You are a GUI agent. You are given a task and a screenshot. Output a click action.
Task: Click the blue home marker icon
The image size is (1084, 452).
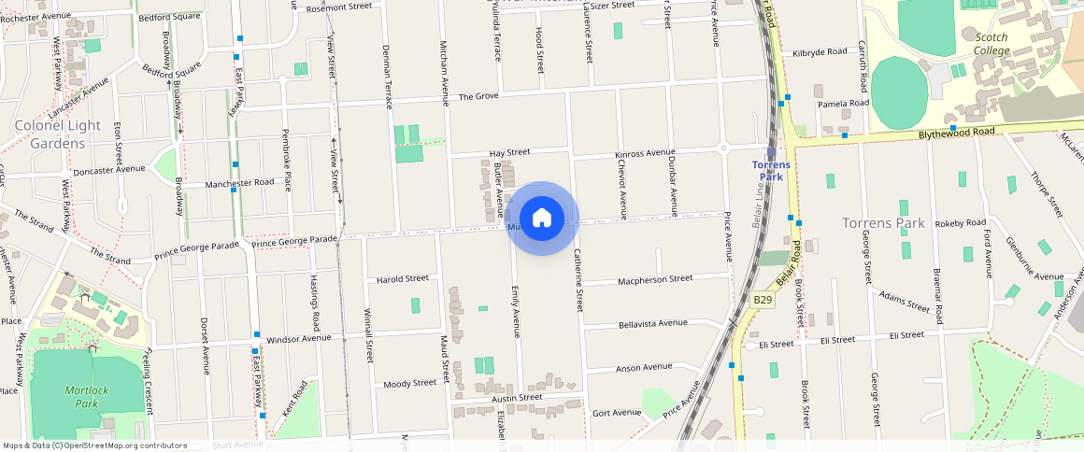(x=542, y=219)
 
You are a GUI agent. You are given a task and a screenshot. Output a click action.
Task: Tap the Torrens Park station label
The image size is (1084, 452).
(x=772, y=171)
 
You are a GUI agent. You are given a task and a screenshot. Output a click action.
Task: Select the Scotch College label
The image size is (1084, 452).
(x=991, y=44)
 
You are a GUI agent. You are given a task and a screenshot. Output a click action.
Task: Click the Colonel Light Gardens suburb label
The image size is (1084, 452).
(x=57, y=134)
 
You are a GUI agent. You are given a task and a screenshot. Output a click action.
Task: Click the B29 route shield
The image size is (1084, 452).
(x=763, y=300)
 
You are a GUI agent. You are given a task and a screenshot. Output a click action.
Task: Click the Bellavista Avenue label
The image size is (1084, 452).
(x=652, y=324)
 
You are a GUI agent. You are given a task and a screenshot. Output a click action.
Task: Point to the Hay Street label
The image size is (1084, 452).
(x=509, y=152)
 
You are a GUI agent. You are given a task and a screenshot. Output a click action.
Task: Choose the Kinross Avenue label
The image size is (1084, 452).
(x=644, y=152)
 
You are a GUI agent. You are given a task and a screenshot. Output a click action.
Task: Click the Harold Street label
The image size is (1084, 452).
(x=402, y=278)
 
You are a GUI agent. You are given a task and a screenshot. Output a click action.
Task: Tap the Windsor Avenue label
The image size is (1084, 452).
(x=299, y=339)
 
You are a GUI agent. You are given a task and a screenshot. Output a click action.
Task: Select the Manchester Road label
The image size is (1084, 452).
(x=239, y=182)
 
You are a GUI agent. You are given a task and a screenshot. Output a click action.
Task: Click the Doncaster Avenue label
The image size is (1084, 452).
(x=108, y=170)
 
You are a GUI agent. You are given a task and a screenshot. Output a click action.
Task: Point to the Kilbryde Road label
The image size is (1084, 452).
(x=819, y=51)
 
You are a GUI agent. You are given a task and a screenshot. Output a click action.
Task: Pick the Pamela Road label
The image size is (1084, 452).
(x=843, y=103)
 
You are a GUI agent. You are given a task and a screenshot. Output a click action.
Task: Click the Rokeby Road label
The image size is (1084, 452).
(x=961, y=222)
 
